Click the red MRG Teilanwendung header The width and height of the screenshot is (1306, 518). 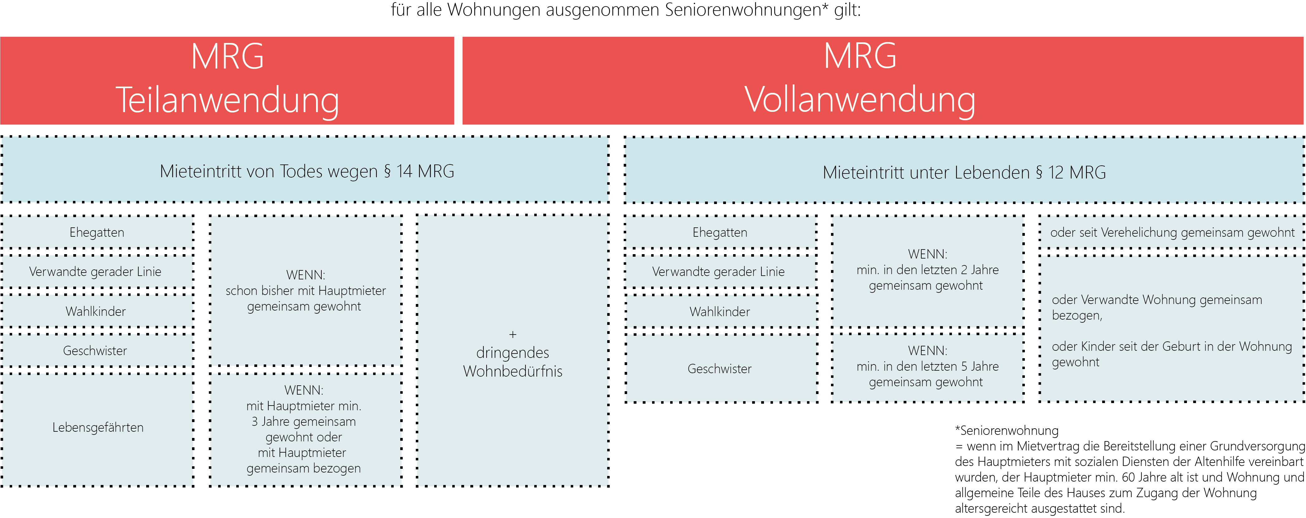click(x=227, y=80)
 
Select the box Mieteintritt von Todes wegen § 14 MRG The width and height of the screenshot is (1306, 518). click(x=306, y=171)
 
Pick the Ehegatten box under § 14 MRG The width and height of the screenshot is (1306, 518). click(x=97, y=232)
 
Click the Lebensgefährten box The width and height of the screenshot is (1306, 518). click(x=98, y=427)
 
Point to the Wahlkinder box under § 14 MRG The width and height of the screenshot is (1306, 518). click(x=96, y=311)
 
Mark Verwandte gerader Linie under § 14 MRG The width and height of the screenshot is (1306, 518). click(x=95, y=272)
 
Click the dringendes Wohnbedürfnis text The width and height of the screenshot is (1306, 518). click(x=512, y=362)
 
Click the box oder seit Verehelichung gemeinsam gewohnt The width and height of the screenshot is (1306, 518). click(x=1172, y=232)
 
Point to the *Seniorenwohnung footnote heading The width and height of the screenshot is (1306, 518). click(x=1006, y=430)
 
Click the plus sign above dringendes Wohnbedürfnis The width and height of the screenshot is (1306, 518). click(x=512, y=335)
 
